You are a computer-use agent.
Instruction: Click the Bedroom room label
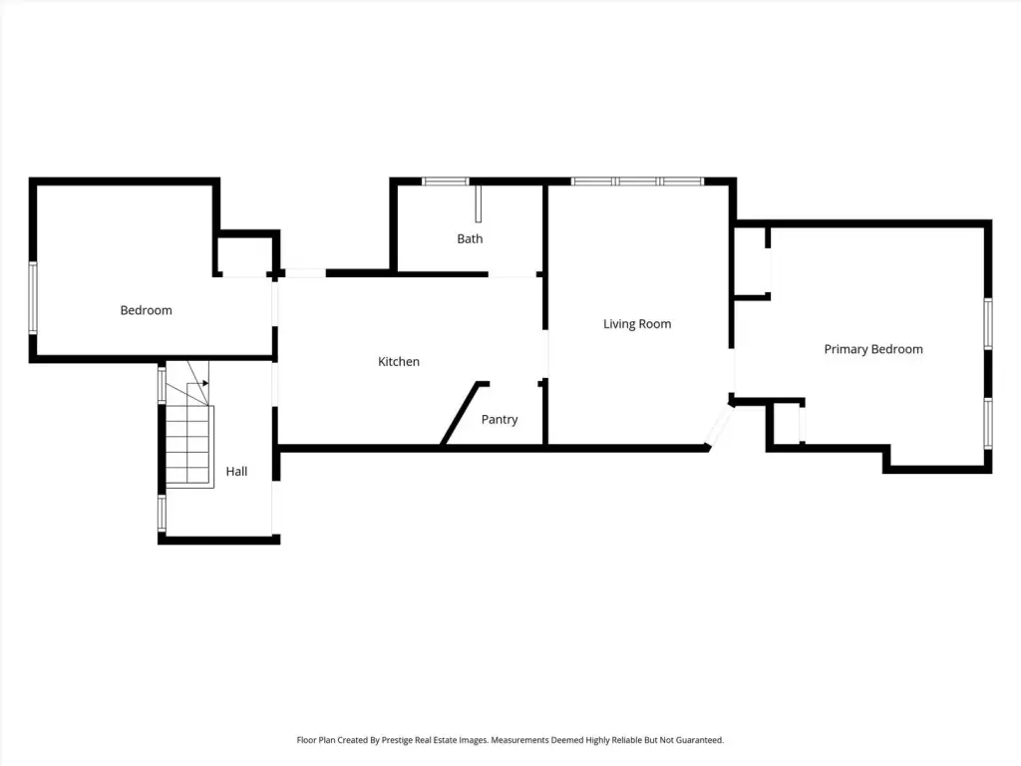[146, 310]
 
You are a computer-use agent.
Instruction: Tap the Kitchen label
[399, 361]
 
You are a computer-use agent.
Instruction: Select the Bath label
[470, 239]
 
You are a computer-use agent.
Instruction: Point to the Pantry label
[500, 420]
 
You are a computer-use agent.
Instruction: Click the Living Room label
[637, 324]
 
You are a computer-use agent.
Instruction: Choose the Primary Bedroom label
[873, 349]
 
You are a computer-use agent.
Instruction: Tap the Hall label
[236, 471]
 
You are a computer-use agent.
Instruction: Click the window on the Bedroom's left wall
[33, 297]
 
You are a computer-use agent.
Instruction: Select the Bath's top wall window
[446, 182]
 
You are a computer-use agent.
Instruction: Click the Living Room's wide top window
[637, 182]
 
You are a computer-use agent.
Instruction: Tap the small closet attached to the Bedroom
[245, 254]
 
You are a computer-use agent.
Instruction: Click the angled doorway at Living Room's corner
[720, 427]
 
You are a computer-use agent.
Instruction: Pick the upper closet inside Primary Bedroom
[751, 261]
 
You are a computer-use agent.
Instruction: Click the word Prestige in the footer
[397, 740]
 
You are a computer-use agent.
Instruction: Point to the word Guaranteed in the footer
[699, 740]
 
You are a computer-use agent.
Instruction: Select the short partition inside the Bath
[478, 203]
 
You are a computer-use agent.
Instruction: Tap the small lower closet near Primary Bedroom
[788, 423]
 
